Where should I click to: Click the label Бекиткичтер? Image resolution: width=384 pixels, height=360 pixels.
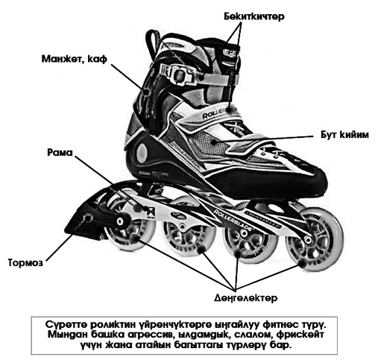click(254, 16)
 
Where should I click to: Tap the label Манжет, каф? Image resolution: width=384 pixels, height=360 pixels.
click(75, 59)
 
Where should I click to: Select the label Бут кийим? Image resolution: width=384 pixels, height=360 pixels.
click(344, 134)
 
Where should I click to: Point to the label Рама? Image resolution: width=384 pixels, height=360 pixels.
click(60, 152)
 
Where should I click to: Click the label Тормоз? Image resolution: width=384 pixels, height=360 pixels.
click(25, 262)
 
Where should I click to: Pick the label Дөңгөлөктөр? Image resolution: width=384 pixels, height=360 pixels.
click(245, 297)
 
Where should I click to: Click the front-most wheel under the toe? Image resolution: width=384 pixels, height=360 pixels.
click(315, 239)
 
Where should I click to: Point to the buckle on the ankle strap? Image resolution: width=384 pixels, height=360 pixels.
click(178, 74)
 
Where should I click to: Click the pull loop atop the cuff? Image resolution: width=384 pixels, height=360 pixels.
click(152, 43)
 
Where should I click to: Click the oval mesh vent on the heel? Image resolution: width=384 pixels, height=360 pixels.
click(142, 152)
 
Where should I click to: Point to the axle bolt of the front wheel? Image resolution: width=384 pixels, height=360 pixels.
click(308, 239)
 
